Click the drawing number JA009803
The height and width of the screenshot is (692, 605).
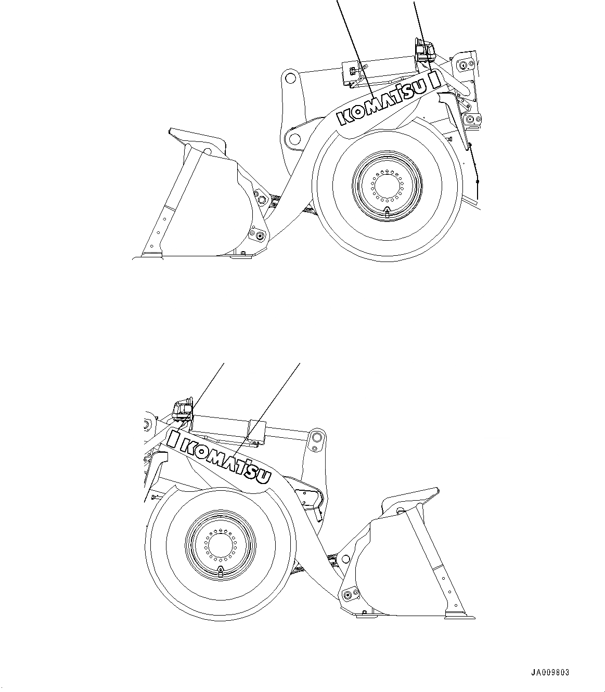(x=550, y=672)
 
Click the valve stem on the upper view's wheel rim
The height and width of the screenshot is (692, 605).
(x=387, y=211)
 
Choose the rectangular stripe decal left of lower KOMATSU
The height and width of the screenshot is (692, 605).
(x=173, y=439)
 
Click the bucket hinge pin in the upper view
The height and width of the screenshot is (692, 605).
(x=259, y=236)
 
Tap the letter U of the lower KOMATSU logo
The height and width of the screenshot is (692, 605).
(x=265, y=475)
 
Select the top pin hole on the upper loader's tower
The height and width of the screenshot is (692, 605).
(x=291, y=79)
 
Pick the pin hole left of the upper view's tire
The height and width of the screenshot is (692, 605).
(x=294, y=139)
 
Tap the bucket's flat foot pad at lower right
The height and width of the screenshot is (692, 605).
(x=460, y=617)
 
